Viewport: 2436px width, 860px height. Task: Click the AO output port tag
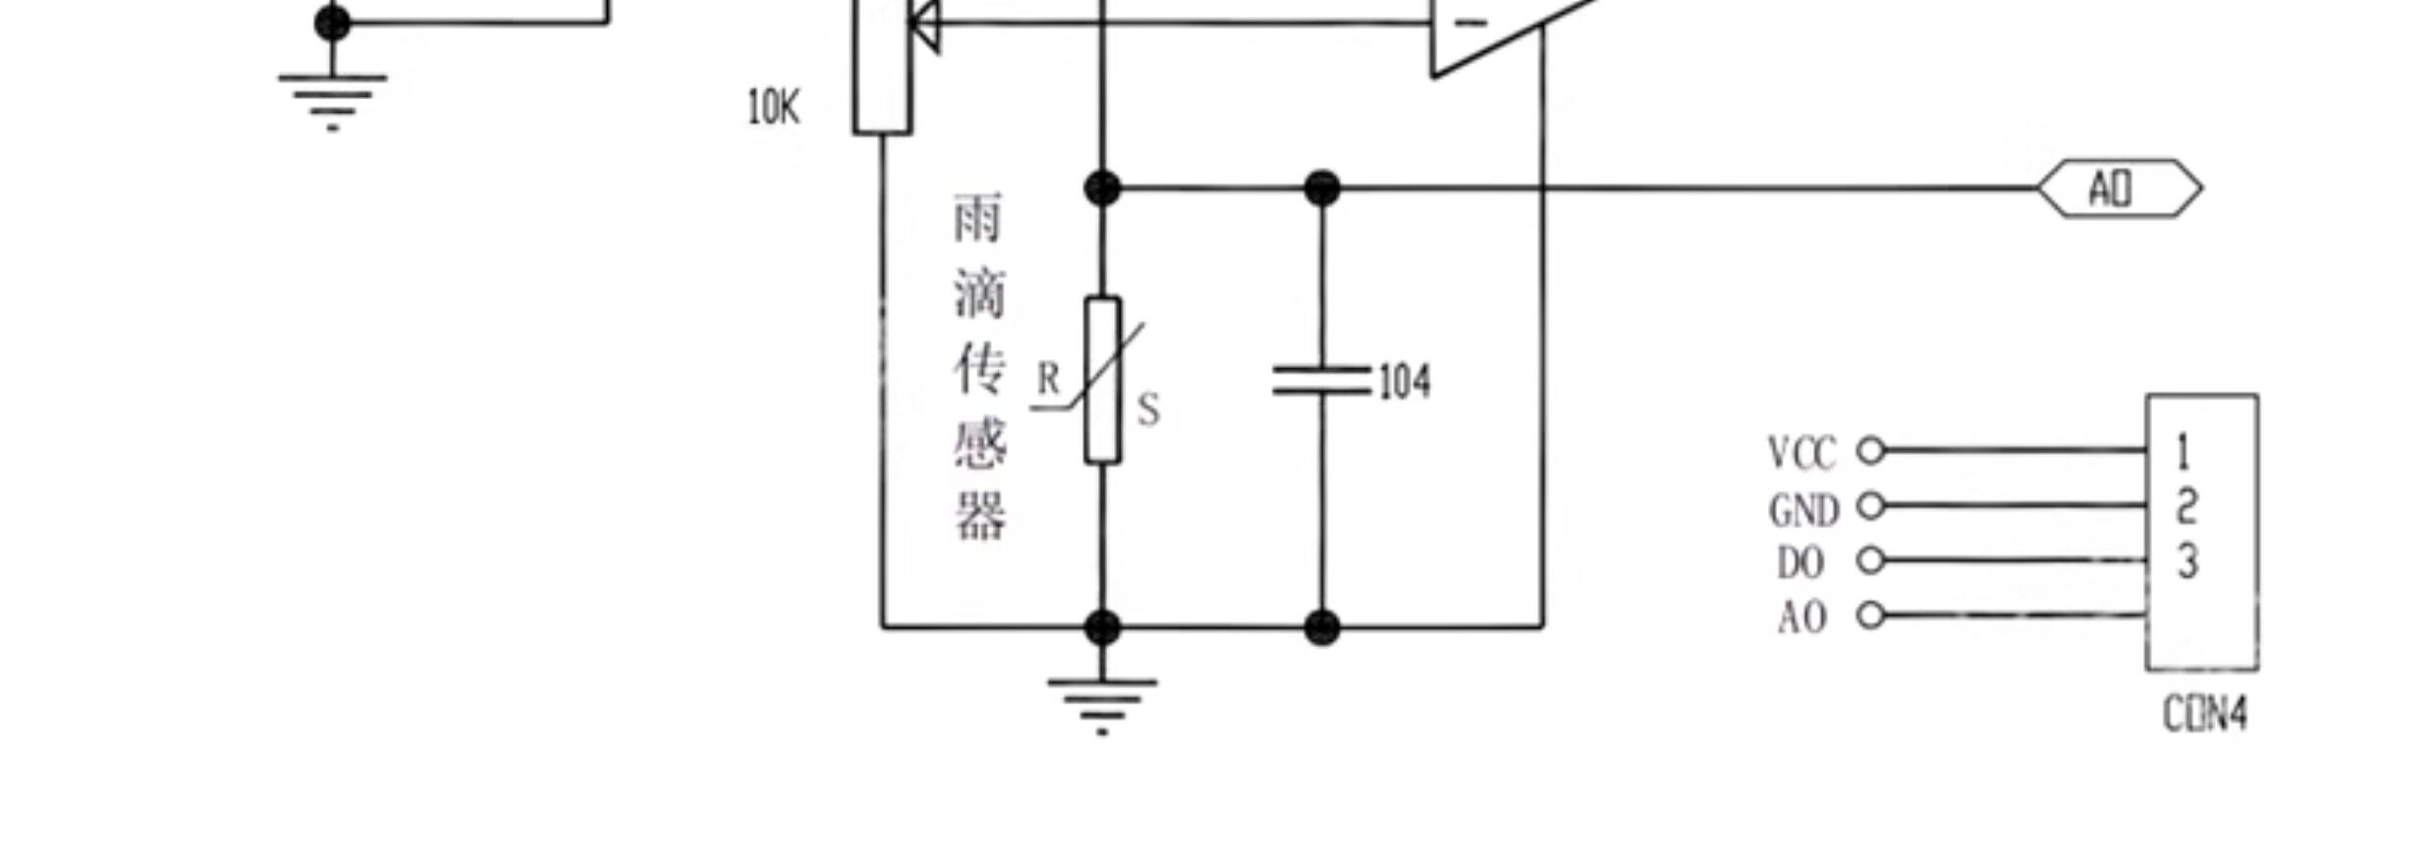coord(2119,188)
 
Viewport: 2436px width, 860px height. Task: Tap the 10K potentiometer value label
coord(773,107)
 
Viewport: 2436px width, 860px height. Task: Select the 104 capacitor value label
coord(1405,381)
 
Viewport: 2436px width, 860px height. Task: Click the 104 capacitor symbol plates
coord(1321,381)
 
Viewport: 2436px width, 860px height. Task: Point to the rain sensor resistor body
coord(1102,380)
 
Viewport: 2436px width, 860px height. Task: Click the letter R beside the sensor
coord(1049,379)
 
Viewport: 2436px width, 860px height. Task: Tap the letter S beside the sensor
coord(1148,408)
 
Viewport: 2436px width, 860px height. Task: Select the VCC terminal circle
coord(1871,451)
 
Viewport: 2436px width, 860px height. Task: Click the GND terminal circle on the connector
coord(1871,506)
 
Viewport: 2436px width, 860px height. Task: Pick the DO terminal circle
coord(1871,560)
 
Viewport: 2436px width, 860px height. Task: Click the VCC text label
coord(1801,454)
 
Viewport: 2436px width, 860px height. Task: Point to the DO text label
coord(1800,564)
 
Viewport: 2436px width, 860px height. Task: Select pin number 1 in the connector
coord(2183,453)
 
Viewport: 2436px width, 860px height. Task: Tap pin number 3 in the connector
coord(2187,562)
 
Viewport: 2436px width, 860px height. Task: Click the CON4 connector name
coord(2204,714)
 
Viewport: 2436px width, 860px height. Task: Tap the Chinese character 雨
coord(978,218)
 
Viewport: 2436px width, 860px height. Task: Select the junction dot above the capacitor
coord(1322,188)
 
